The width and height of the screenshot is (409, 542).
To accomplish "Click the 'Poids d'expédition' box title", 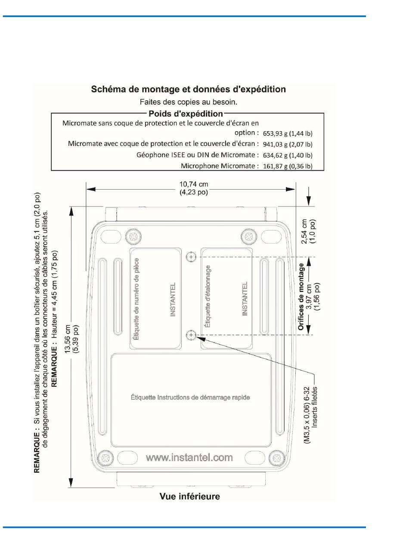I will [x=186, y=114].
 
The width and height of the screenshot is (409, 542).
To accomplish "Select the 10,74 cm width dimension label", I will [x=193, y=185].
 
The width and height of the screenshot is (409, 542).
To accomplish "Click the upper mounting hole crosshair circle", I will [x=191, y=257].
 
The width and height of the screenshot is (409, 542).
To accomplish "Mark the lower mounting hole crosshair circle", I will [x=191, y=335].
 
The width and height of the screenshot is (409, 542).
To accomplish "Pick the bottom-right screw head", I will [x=276, y=456].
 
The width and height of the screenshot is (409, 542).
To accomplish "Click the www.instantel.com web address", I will [x=189, y=457].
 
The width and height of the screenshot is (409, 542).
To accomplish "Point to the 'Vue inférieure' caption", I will [x=189, y=496].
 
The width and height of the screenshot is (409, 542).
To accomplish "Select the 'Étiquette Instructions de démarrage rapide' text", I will [x=190, y=397].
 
